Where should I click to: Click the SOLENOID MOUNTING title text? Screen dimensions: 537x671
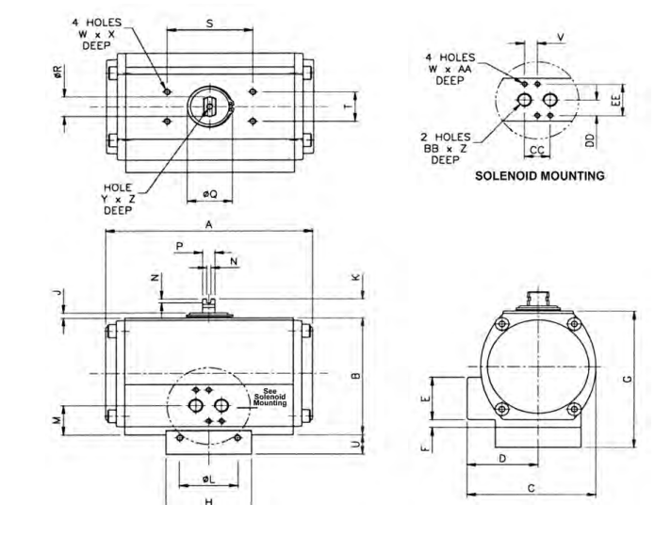coord(539,175)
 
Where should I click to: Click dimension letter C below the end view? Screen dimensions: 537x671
coord(532,487)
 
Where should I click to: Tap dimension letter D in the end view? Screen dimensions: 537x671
coord(503,458)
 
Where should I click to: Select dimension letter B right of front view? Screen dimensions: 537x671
coord(354,376)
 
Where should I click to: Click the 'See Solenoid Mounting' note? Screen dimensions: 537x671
coord(270,398)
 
